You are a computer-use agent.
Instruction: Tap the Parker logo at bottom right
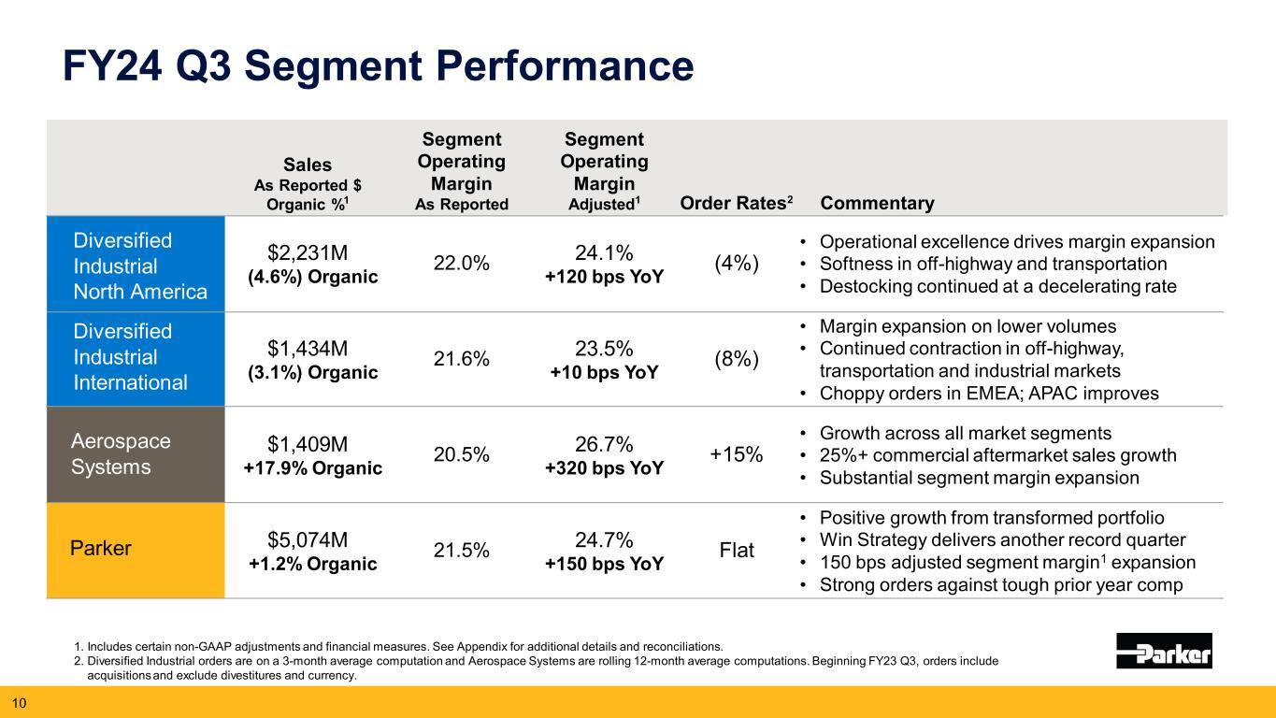pos(1164,651)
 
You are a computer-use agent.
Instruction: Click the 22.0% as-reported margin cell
pos(461,265)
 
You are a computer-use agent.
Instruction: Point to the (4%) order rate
pos(737,265)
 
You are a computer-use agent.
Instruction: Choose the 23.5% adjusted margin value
pos(604,348)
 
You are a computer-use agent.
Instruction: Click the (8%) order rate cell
pos(737,359)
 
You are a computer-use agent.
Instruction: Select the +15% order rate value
pos(737,454)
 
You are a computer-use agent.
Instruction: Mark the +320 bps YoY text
pos(604,468)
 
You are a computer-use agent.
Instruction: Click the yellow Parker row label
pos(101,549)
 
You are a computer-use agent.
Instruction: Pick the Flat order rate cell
pos(737,551)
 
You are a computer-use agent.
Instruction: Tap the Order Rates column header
pos(753,204)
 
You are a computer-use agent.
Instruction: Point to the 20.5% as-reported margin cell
pos(461,454)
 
